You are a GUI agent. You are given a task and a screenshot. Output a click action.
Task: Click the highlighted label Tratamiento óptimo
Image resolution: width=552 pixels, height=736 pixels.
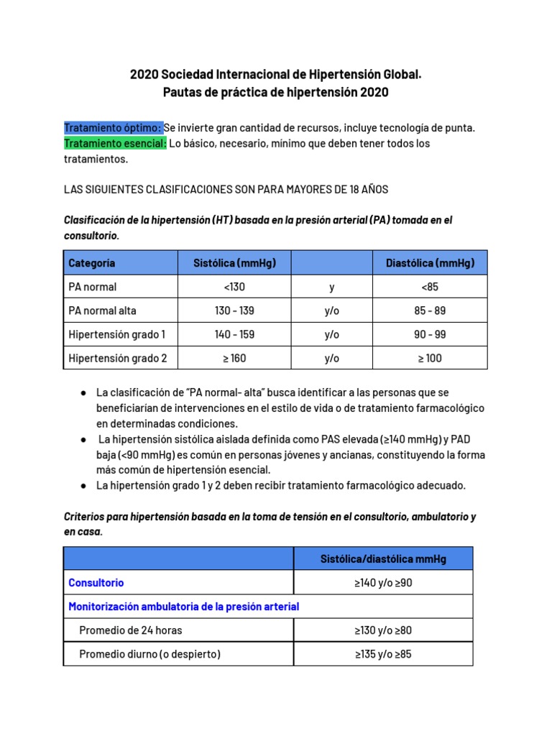pyautogui.click(x=114, y=127)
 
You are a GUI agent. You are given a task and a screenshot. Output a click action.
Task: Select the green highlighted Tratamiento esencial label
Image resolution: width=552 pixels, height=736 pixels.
pyautogui.click(x=116, y=143)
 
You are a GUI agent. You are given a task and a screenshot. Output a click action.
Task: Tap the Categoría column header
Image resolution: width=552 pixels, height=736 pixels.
pyautogui.click(x=92, y=263)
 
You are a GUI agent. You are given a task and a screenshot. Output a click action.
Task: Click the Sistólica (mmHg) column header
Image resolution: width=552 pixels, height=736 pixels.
pyautogui.click(x=234, y=263)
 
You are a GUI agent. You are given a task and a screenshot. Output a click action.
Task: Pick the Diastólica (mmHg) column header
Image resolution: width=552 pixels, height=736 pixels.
pyautogui.click(x=430, y=263)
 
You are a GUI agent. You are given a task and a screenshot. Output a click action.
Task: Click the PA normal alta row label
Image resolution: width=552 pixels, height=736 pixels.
pyautogui.click(x=102, y=310)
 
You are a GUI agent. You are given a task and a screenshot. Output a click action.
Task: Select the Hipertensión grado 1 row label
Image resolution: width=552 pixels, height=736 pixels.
pyautogui.click(x=116, y=334)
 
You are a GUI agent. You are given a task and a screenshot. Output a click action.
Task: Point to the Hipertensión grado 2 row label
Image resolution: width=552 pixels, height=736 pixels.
pyautogui.click(x=117, y=358)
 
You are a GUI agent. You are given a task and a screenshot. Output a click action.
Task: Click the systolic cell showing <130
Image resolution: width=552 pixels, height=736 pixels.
pyautogui.click(x=234, y=287)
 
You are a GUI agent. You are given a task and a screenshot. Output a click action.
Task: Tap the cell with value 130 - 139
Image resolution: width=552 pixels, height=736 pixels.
pyautogui.click(x=234, y=310)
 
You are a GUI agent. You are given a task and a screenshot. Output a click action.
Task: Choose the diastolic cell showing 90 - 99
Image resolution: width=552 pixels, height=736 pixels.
pyautogui.click(x=430, y=334)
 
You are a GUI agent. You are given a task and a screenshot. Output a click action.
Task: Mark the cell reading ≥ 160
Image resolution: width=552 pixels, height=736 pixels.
pyautogui.click(x=234, y=358)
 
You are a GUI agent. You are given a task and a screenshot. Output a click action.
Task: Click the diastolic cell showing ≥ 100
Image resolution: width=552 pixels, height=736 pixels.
pyautogui.click(x=430, y=358)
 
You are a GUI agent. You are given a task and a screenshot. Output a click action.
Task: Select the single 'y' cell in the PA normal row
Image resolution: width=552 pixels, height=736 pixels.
pyautogui.click(x=331, y=287)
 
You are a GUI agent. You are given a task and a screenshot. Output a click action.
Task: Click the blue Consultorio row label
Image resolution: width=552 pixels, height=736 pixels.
pyautogui.click(x=96, y=583)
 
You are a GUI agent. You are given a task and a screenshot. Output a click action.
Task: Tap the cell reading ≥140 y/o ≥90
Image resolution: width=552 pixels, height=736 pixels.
pyautogui.click(x=383, y=583)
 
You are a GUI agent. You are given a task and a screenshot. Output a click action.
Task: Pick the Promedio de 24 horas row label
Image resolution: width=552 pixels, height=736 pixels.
pyautogui.click(x=130, y=630)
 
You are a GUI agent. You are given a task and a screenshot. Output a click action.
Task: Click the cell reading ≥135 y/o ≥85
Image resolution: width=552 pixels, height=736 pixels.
pyautogui.click(x=383, y=654)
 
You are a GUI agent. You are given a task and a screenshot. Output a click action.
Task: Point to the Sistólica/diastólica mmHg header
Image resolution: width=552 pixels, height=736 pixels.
pyautogui.click(x=383, y=558)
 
